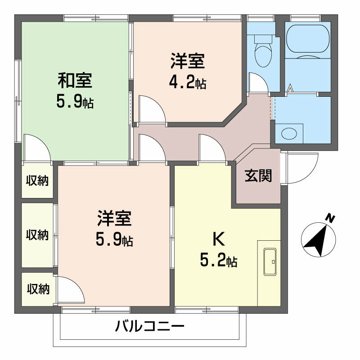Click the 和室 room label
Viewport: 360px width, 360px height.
click(75, 81)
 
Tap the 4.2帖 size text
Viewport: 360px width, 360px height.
click(187, 82)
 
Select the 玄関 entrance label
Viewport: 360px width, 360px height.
click(258, 175)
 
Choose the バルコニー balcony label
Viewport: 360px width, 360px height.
click(149, 325)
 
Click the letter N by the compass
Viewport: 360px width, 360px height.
click(330, 219)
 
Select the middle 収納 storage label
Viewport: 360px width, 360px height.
click(36, 234)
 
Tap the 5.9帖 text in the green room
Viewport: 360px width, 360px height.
click(75, 102)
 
